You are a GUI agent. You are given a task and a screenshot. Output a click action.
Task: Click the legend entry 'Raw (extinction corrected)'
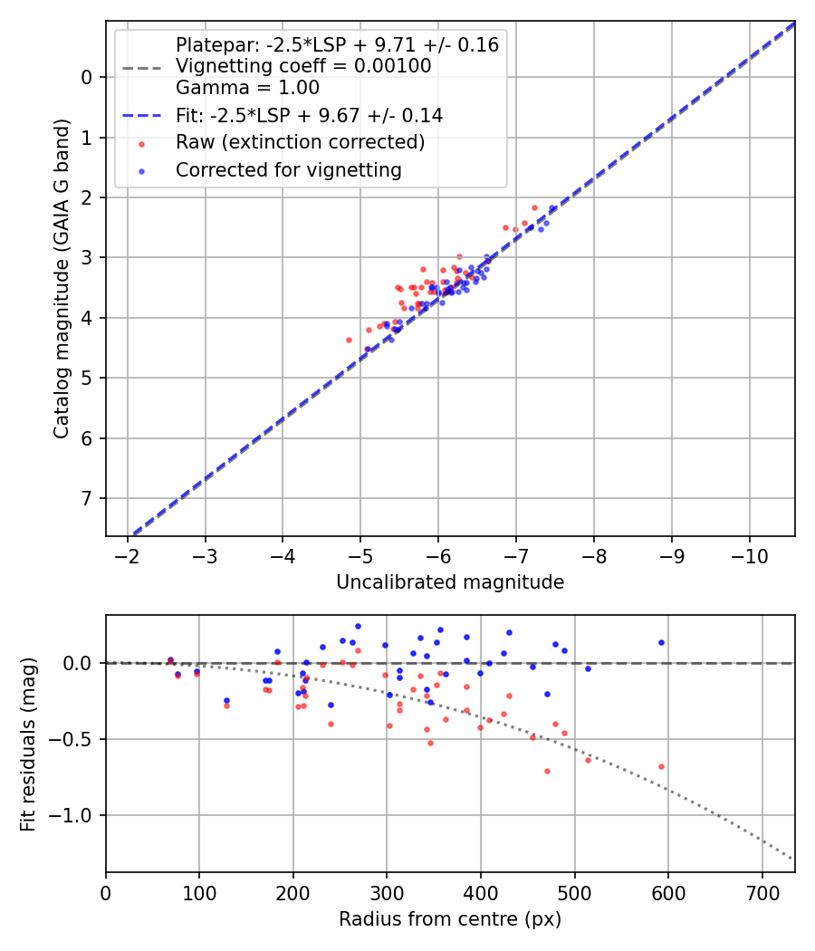[x=300, y=143]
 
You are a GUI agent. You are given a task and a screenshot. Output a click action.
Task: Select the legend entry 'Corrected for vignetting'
[x=289, y=169]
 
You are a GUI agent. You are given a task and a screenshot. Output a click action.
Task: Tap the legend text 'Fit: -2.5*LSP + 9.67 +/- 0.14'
[x=309, y=116]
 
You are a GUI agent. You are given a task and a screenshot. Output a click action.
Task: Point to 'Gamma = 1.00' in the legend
[x=247, y=89]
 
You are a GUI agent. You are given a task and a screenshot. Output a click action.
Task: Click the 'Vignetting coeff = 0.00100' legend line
[x=303, y=66]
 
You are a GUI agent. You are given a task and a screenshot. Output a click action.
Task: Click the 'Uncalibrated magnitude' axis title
[x=450, y=582]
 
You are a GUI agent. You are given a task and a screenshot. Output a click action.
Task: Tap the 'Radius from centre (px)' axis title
[x=450, y=919]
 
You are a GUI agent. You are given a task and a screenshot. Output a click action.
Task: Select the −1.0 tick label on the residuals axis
[x=76, y=816]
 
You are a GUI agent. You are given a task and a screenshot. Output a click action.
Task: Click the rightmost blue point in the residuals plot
[x=661, y=642]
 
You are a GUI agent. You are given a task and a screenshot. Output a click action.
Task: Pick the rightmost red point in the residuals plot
[x=661, y=766]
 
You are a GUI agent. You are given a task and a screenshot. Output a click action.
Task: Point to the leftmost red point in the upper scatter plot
[x=349, y=340]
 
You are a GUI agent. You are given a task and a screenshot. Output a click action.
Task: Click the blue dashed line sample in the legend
[x=140, y=116]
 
